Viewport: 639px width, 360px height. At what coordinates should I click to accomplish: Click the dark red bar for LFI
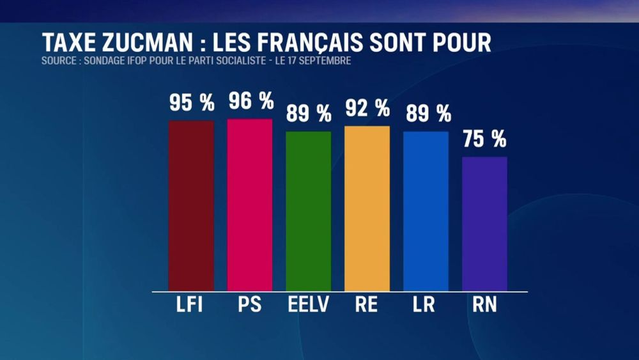(191, 205)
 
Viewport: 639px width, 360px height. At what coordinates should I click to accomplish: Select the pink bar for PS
(250, 205)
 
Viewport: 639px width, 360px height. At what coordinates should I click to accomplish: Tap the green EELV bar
(309, 211)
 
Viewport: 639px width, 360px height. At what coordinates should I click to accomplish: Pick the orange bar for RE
(367, 208)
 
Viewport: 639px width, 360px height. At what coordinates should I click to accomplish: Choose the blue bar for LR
(426, 211)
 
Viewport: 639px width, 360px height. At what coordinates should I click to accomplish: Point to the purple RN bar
(484, 224)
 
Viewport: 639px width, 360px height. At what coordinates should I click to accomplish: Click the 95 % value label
(192, 102)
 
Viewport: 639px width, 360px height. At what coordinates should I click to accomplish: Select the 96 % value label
(251, 100)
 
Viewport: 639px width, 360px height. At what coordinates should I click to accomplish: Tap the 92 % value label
(367, 108)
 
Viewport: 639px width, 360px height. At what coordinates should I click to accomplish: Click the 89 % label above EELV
(309, 114)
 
